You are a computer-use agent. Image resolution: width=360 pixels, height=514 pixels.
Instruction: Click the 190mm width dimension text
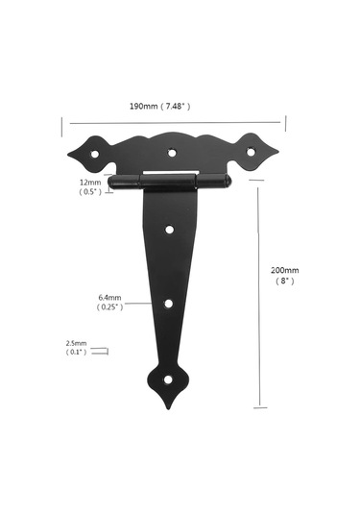(x=144, y=107)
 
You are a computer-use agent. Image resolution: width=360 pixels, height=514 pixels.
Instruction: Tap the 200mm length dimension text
(x=285, y=270)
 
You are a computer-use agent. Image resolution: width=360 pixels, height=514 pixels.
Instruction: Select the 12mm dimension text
(x=90, y=183)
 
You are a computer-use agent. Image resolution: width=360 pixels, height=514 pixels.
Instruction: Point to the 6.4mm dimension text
(x=109, y=298)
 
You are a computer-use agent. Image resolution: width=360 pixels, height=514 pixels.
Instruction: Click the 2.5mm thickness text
(x=77, y=343)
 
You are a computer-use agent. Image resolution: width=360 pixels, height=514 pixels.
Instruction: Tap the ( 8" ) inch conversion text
(x=285, y=281)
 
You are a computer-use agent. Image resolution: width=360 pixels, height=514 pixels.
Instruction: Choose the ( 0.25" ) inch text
(x=109, y=307)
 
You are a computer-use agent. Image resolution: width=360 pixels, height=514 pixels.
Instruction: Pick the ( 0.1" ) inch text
(x=77, y=352)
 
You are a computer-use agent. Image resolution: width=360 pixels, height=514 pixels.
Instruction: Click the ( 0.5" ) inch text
(x=90, y=192)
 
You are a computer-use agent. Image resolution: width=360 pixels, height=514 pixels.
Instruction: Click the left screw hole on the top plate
(x=95, y=154)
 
